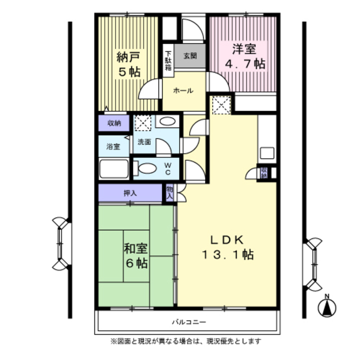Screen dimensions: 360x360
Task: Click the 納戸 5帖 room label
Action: point(128,64)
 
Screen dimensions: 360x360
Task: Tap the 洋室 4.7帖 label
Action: point(245,56)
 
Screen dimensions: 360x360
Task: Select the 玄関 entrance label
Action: point(190,56)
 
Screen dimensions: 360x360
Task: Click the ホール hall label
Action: point(183,91)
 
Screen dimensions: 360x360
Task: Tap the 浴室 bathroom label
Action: point(114,147)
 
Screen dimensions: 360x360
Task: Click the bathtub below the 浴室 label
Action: point(115,169)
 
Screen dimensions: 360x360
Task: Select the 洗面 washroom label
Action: point(145,142)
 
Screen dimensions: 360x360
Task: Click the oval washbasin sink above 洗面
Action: point(166,121)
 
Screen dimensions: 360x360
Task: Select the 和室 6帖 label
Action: point(136,255)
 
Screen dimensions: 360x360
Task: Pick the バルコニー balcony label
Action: point(189,322)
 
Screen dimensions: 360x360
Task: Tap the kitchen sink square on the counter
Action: point(267,153)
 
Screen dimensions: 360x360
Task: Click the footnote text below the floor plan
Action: point(186,341)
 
